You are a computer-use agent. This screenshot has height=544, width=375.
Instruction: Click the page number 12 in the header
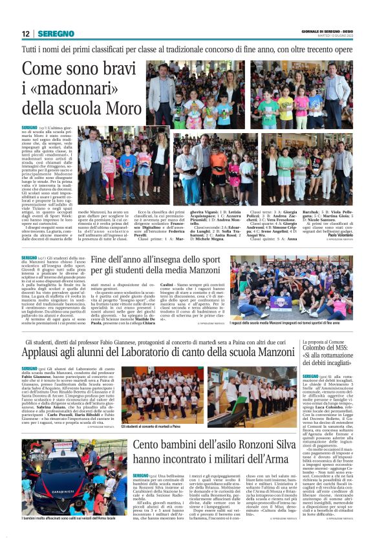coord(25,33)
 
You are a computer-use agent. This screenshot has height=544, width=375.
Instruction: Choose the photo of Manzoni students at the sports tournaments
coord(292,286)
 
